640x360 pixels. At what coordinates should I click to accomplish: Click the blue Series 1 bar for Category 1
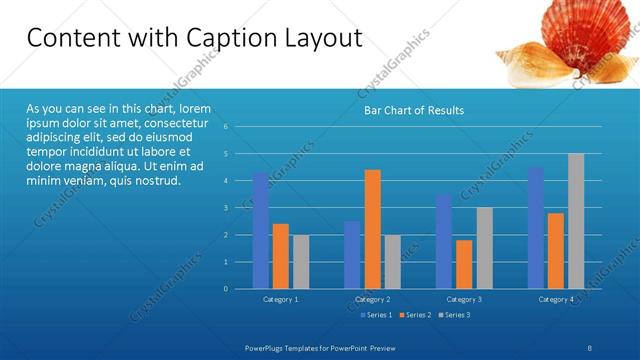[261, 230]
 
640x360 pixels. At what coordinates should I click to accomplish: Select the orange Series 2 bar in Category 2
[372, 229]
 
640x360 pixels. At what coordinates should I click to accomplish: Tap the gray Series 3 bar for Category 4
[576, 221]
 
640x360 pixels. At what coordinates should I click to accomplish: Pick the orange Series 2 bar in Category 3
[464, 264]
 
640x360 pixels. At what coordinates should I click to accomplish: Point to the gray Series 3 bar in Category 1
[301, 261]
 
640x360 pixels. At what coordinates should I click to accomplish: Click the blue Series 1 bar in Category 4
[536, 227]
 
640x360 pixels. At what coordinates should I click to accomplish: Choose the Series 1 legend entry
[374, 315]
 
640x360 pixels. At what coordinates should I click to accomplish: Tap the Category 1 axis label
[281, 299]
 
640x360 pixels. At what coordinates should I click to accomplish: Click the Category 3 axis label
[464, 299]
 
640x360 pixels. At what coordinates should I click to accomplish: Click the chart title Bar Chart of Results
[413, 110]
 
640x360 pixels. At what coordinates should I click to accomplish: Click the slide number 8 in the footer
[589, 346]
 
